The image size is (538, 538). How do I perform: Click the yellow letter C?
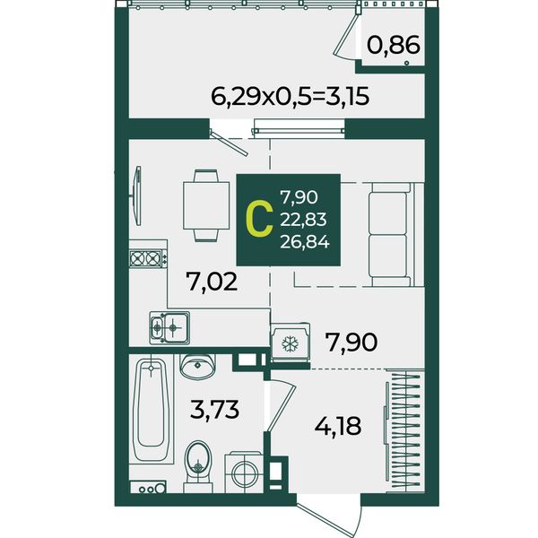coord(260,220)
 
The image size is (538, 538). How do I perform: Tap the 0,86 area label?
coord(394,45)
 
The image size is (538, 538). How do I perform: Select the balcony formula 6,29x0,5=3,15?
coord(290,96)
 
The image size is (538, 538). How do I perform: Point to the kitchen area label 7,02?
coord(212,282)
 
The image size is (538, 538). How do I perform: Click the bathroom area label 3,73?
coord(214,410)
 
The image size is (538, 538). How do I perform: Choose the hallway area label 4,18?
coord(338,426)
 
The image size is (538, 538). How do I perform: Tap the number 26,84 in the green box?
coord(305,242)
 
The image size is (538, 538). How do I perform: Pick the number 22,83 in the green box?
coord(303,220)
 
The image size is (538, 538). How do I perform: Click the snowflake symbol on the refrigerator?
coord(290,343)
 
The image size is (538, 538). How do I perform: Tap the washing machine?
coord(244,473)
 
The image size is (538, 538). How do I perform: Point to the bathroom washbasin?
coord(197,365)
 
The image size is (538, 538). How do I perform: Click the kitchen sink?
coord(169,327)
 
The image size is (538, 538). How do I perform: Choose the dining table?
coord(206,205)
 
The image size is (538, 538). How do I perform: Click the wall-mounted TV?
coord(137,195)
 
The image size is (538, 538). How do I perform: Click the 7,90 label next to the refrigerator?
coord(352,343)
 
